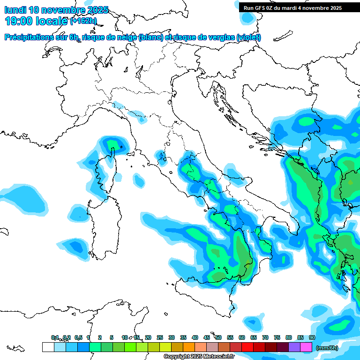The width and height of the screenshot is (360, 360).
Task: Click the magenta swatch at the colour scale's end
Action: point(306,347)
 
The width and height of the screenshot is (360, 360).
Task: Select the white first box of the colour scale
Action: point(48,347)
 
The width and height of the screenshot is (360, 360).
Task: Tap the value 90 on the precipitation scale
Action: point(312,337)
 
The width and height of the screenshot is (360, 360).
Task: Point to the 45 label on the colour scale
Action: point(207,337)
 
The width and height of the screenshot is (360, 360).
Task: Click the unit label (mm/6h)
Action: point(327,348)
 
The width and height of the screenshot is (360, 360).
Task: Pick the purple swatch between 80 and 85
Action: point(294,347)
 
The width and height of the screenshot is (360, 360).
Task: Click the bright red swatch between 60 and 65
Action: point(247,347)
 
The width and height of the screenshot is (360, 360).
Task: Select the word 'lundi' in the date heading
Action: point(15,10)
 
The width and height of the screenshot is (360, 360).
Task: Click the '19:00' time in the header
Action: point(18,21)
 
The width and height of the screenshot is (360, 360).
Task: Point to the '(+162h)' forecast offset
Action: point(83,21)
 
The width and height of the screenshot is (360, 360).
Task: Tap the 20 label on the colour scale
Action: point(148,337)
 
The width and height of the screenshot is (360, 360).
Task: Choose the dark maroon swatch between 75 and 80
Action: point(283,347)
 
